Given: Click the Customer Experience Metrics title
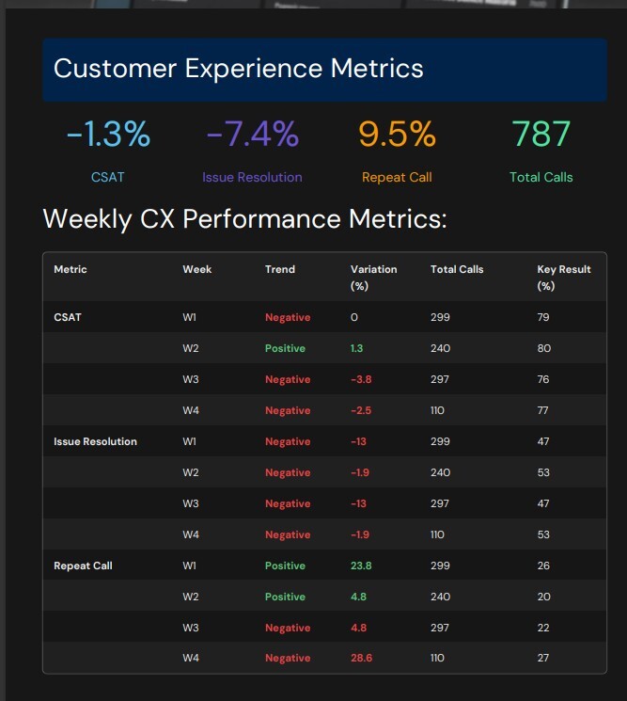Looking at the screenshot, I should coord(238,69).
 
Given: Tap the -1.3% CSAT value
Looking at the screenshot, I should coord(108,135).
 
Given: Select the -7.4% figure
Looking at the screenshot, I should coord(252,135).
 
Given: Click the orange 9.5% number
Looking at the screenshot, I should coord(397,135).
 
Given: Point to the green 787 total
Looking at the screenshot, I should coord(541,135).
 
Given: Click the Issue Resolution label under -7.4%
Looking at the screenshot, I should coord(252,177).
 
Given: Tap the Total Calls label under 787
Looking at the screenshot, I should coord(541,177).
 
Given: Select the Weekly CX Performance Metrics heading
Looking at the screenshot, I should coord(244,219).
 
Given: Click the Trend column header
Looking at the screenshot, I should coord(280,269).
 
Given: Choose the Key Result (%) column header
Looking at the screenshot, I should coord(564,277).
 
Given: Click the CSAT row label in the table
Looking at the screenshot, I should coord(68,317).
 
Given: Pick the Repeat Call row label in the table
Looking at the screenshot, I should coord(84,566).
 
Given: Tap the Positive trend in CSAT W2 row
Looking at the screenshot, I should coord(285,348).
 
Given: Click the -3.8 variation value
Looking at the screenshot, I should coord(363,379).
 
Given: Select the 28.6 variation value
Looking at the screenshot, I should coord(361,659).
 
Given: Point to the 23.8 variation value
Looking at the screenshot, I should coord(361,566).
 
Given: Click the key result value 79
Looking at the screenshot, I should coord(543,317).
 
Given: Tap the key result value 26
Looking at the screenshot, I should coord(543,566).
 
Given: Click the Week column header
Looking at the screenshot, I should coord(196,269).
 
